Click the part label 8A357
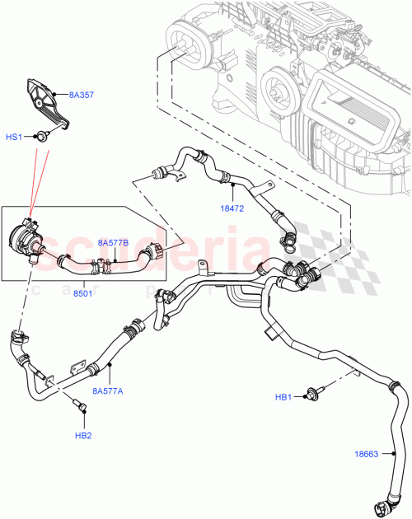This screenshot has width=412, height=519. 82,96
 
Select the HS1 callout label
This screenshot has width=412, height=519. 16,137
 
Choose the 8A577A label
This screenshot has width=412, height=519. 108,391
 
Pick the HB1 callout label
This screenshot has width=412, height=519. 284,398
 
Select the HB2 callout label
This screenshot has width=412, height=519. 83,435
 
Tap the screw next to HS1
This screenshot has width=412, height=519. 40,136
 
